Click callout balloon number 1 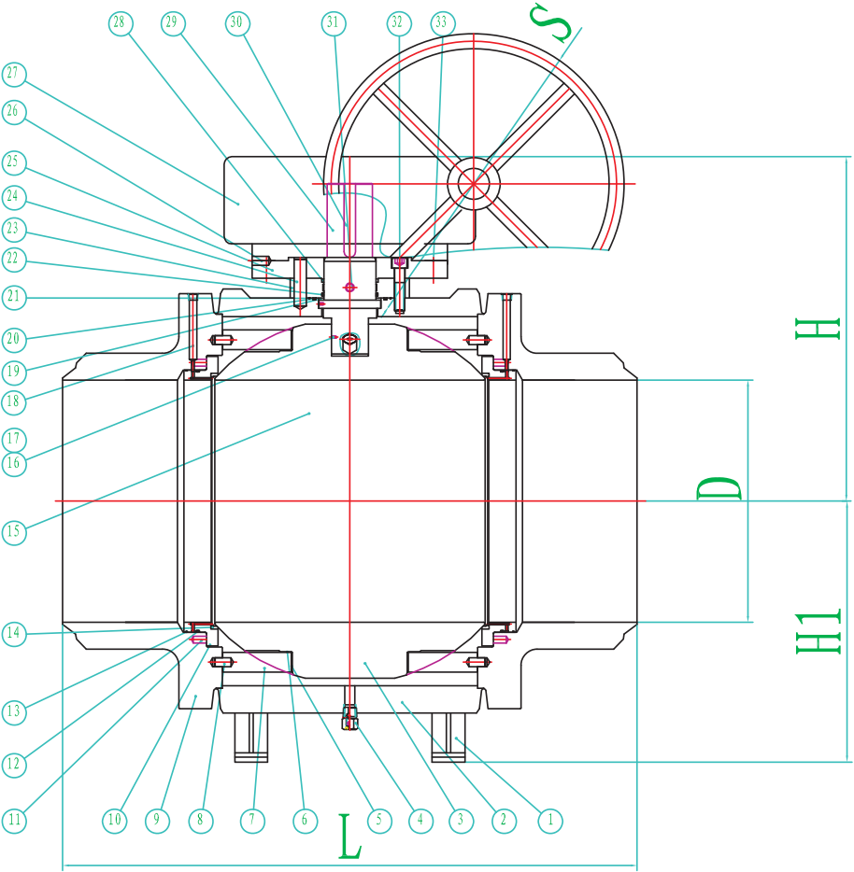(550, 821)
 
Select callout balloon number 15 (14, 533)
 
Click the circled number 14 (14, 634)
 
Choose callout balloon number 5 (378, 821)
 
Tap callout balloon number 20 (14, 339)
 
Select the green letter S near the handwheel (550, 21)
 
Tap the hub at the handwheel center (473, 184)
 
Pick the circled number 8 (200, 821)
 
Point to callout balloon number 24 (14, 197)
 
